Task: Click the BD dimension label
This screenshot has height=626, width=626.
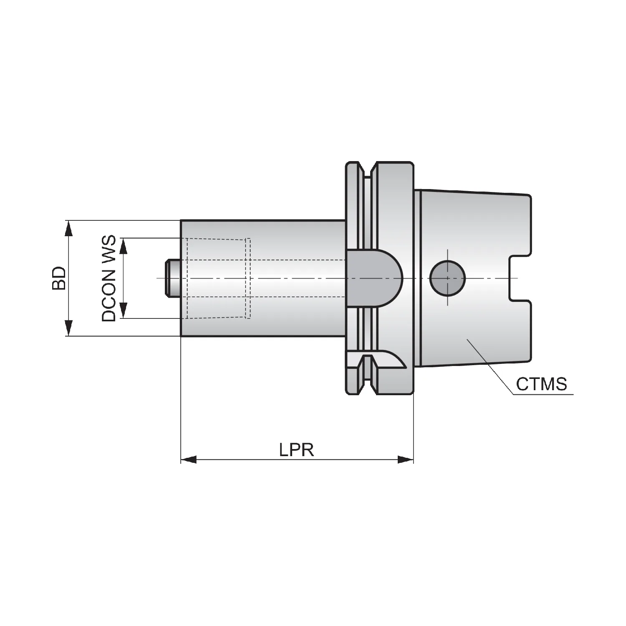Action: [59, 278]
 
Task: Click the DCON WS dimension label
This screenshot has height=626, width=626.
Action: [109, 278]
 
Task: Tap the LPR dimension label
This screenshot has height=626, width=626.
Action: [296, 450]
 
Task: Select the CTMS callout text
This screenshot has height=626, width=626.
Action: [541, 384]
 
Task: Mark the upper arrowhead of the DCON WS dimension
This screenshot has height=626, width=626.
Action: [123, 246]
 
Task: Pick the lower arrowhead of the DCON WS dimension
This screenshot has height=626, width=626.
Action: [123, 310]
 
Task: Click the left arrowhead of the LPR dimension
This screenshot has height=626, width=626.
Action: [189, 459]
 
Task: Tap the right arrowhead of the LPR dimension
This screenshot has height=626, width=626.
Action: [405, 459]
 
